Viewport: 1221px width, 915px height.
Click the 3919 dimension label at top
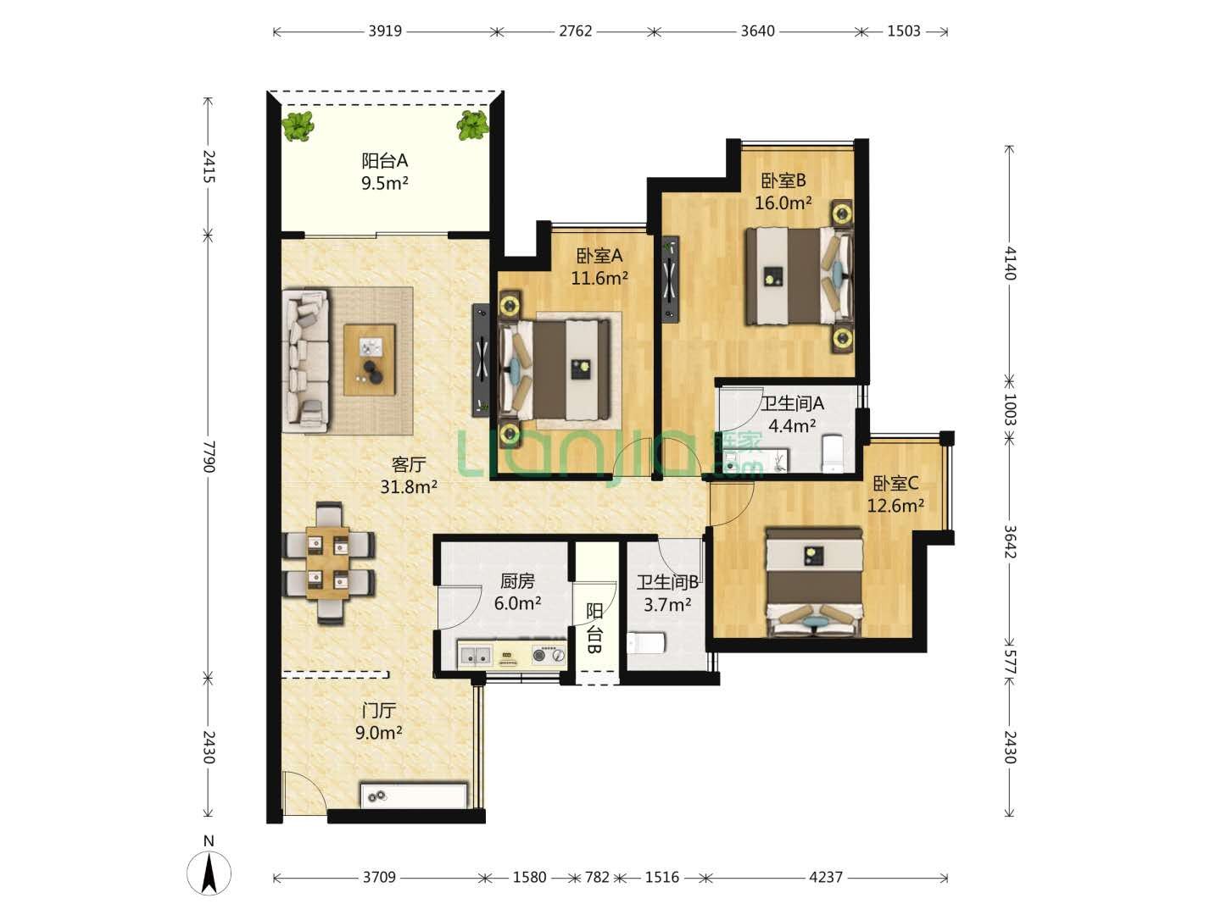[x=385, y=31]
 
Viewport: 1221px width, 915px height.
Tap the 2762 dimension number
[x=575, y=31]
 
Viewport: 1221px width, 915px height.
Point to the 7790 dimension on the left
[x=208, y=456]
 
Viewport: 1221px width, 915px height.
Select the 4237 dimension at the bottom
[x=826, y=877]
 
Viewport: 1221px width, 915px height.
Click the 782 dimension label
[x=597, y=877]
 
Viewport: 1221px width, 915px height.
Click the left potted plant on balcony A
[x=298, y=127]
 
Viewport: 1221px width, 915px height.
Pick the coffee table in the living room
[x=370, y=359]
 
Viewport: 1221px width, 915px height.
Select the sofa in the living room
[x=306, y=360]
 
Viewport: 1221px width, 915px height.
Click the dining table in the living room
[x=327, y=563]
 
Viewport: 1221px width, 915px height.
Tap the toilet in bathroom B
[x=645, y=642]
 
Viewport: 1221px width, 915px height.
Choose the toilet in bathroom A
[x=833, y=452]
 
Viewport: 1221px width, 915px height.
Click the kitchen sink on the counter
[x=475, y=655]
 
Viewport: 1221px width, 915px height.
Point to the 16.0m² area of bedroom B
[x=783, y=202]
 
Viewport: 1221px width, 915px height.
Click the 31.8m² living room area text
[x=409, y=486]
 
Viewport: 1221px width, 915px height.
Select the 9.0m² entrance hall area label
[x=378, y=733]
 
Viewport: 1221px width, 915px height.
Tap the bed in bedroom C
[x=814, y=581]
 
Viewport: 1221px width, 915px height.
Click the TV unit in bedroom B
[x=671, y=279]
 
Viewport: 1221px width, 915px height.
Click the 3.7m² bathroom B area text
[x=667, y=604]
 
